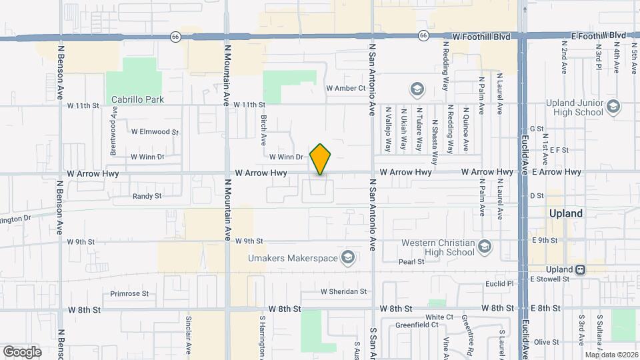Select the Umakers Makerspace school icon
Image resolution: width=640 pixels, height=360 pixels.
click(x=347, y=257)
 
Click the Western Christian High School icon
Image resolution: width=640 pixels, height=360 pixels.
click(x=485, y=247)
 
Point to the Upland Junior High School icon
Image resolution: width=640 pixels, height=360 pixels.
click(x=612, y=107)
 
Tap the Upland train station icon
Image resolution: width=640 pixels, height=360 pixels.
click(x=581, y=269)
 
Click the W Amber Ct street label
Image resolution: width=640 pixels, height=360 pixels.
click(x=346, y=88)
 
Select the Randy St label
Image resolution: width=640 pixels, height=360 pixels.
click(x=147, y=196)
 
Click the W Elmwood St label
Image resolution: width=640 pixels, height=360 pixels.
click(x=155, y=132)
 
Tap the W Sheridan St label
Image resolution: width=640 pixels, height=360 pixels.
click(x=343, y=291)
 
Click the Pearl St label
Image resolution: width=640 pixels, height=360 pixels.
click(x=411, y=262)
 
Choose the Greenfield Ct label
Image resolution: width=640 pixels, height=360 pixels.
click(x=415, y=325)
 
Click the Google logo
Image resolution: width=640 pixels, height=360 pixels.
click(x=22, y=351)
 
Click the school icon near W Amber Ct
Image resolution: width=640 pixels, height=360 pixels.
click(x=417, y=89)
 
